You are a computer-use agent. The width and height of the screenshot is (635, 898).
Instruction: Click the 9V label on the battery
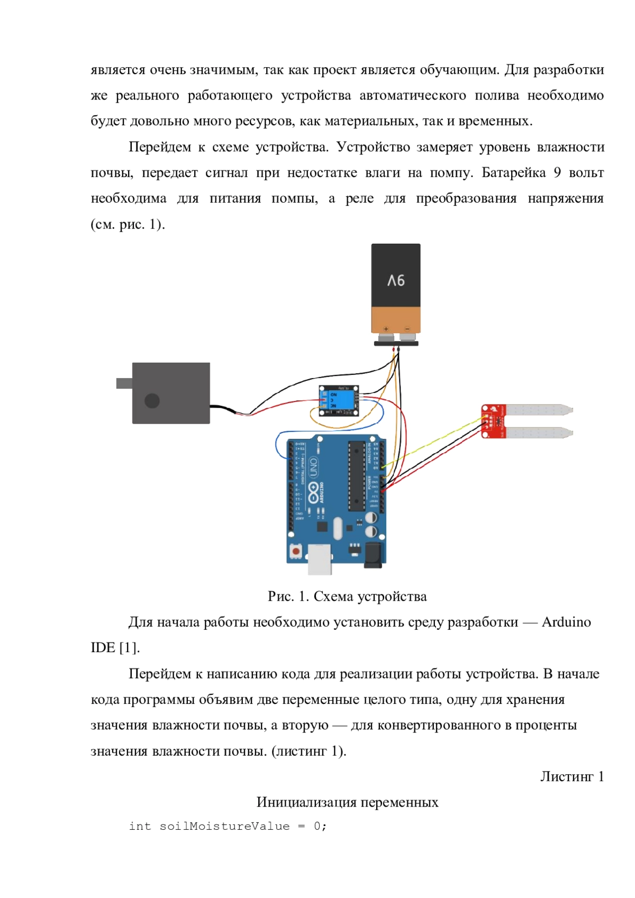396,280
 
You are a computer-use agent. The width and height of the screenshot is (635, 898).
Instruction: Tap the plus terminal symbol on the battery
386,329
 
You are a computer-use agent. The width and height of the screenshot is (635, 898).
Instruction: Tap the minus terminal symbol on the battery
407,329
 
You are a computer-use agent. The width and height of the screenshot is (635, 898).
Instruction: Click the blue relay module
339,400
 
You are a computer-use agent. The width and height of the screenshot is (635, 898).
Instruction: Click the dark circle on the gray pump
152,401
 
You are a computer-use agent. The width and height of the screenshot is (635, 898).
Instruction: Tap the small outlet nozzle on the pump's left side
124,383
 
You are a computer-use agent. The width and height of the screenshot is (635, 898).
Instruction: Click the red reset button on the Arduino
296,551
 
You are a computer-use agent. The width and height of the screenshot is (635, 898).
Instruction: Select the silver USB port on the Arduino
320,558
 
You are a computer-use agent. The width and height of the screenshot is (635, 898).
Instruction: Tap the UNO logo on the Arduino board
313,466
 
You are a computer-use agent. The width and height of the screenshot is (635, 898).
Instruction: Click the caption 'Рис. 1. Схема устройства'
347,597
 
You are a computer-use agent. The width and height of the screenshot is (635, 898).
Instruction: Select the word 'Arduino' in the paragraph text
566,622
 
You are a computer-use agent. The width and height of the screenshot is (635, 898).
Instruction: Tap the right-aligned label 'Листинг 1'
571,776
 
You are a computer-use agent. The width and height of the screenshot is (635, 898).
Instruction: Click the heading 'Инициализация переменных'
347,802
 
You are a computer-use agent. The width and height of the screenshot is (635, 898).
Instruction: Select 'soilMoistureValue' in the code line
224,826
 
